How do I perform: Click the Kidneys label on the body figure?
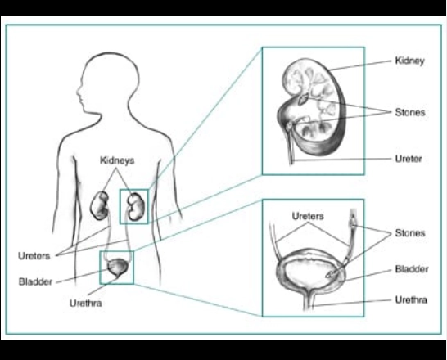click(117, 160)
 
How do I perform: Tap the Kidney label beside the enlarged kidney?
click(409, 61)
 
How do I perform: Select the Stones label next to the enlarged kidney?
click(410, 112)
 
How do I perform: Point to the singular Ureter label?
click(409, 159)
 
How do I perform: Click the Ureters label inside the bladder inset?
click(308, 216)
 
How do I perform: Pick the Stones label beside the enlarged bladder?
click(410, 233)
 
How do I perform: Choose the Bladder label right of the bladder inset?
click(412, 269)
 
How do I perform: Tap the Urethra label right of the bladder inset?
click(411, 299)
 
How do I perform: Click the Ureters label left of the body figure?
click(34, 256)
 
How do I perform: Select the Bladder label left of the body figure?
click(36, 281)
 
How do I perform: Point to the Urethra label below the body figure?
click(85, 303)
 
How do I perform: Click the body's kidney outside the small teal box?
click(100, 205)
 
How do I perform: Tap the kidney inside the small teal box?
click(136, 207)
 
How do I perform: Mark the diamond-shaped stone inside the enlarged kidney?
click(303, 99)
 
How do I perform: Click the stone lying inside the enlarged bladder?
click(332, 274)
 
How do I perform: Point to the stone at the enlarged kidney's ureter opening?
click(290, 126)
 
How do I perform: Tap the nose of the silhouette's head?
click(78, 92)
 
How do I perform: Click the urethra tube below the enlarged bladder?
click(309, 301)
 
